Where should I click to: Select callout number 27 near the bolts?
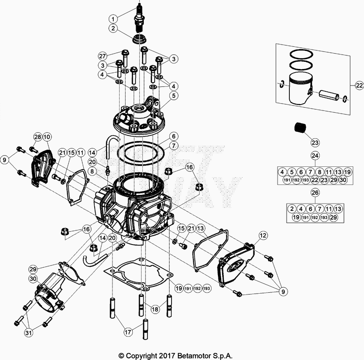[103, 56]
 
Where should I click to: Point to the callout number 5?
[173, 96]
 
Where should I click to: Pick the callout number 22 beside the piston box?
[358, 85]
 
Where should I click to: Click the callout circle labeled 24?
[314, 155]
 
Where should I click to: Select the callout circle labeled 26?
[314, 193]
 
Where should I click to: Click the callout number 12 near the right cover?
[262, 235]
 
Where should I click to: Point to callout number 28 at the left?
[37, 137]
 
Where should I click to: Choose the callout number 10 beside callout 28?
[47, 137]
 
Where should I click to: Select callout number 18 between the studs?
[155, 309]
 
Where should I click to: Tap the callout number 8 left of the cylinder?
[92, 171]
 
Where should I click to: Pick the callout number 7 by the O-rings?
[173, 146]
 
